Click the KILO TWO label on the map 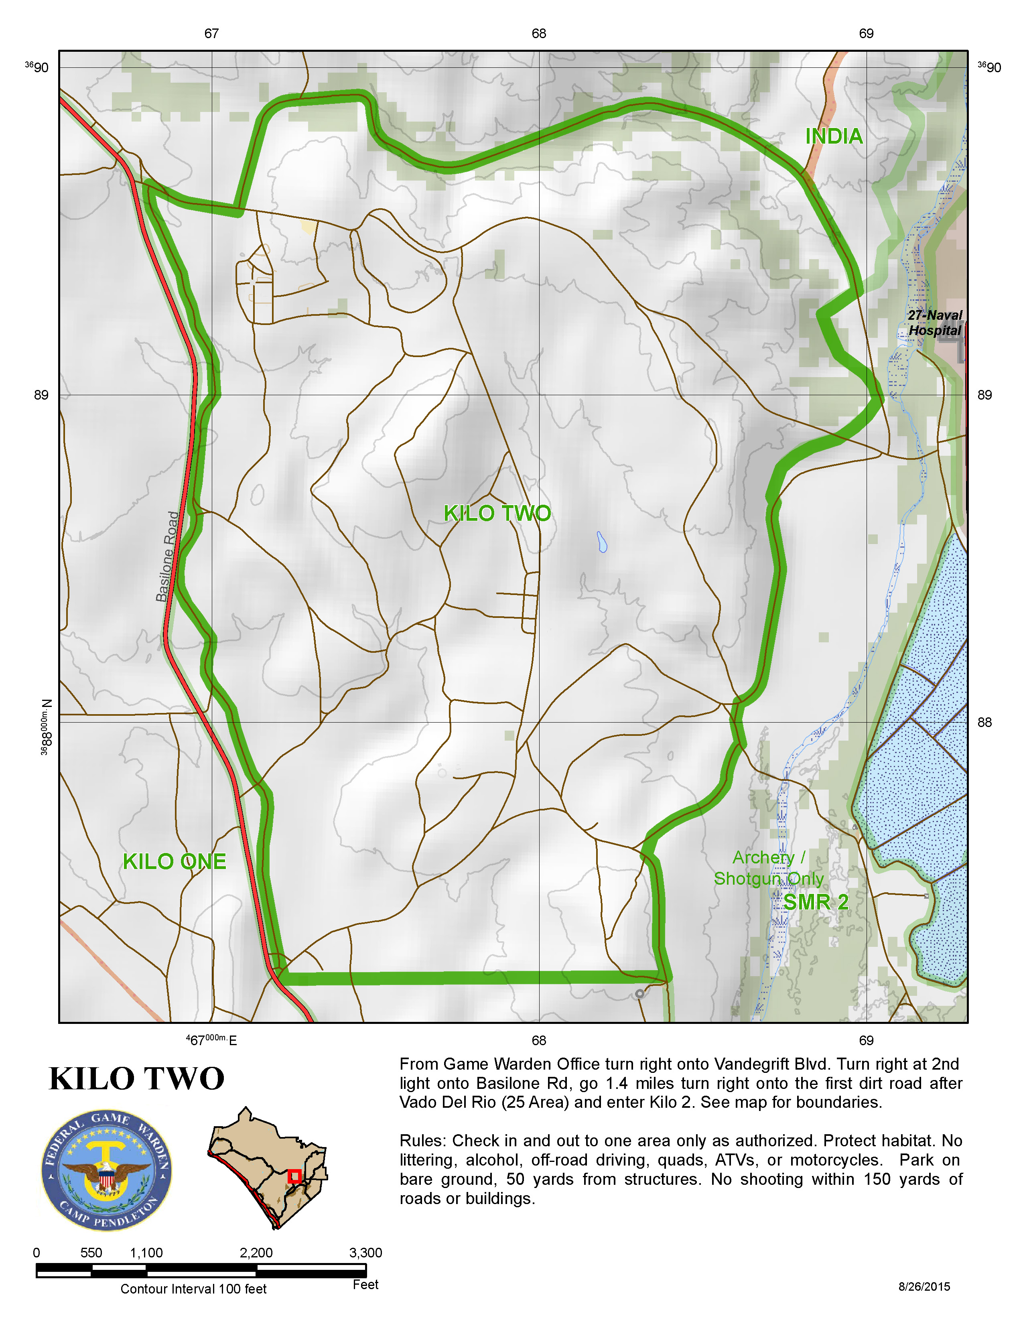point(497,514)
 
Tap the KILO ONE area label point(175,861)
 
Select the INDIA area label point(834,136)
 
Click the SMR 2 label point(816,903)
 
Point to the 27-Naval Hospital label point(934,323)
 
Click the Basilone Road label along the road point(168,556)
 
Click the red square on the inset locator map point(294,1176)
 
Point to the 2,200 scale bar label point(256,1253)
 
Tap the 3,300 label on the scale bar point(365,1253)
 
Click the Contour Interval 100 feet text point(193,1289)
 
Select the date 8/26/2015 point(924,1286)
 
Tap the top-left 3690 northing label point(38,67)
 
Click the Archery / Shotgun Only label point(769,868)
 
